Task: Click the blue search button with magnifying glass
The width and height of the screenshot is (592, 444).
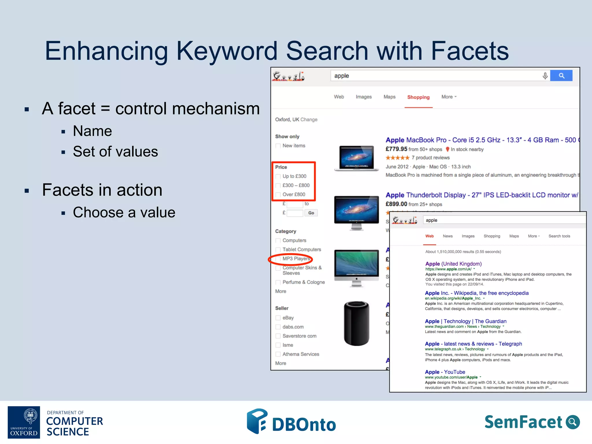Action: point(561,76)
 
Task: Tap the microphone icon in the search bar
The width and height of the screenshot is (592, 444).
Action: point(545,76)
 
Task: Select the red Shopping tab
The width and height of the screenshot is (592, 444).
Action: point(418,97)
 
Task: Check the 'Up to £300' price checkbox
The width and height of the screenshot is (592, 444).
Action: point(278,176)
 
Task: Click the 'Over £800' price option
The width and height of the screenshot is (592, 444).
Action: point(294,195)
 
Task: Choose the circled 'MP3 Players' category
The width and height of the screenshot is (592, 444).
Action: point(296,259)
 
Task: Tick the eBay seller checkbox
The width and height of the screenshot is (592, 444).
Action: point(278,318)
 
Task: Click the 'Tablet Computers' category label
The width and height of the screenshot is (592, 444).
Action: point(301,249)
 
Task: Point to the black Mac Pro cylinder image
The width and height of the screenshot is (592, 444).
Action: point(356,323)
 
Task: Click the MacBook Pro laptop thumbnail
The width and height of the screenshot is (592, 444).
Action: point(356,158)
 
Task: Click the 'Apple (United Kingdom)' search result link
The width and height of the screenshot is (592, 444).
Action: point(453,264)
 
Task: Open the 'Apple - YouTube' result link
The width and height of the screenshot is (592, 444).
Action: point(445,372)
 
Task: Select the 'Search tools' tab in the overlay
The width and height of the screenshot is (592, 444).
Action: point(559,236)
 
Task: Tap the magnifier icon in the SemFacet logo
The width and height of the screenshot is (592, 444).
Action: point(572,422)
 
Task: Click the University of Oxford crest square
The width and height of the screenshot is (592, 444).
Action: point(24,422)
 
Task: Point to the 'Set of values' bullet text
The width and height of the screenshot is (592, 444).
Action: point(115,151)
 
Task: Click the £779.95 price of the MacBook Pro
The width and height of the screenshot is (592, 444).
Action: point(396,149)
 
